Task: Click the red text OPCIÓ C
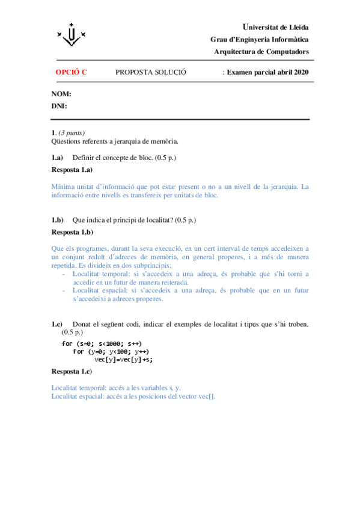point(71,72)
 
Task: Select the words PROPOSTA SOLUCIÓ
point(150,72)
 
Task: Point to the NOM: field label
point(61,94)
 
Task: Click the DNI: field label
point(59,106)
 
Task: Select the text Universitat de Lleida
point(275,27)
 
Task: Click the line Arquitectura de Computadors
point(261,52)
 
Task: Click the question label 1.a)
point(57,158)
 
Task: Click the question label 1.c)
point(57,324)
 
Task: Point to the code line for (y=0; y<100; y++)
point(111,351)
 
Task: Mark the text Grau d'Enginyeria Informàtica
point(260,39)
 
